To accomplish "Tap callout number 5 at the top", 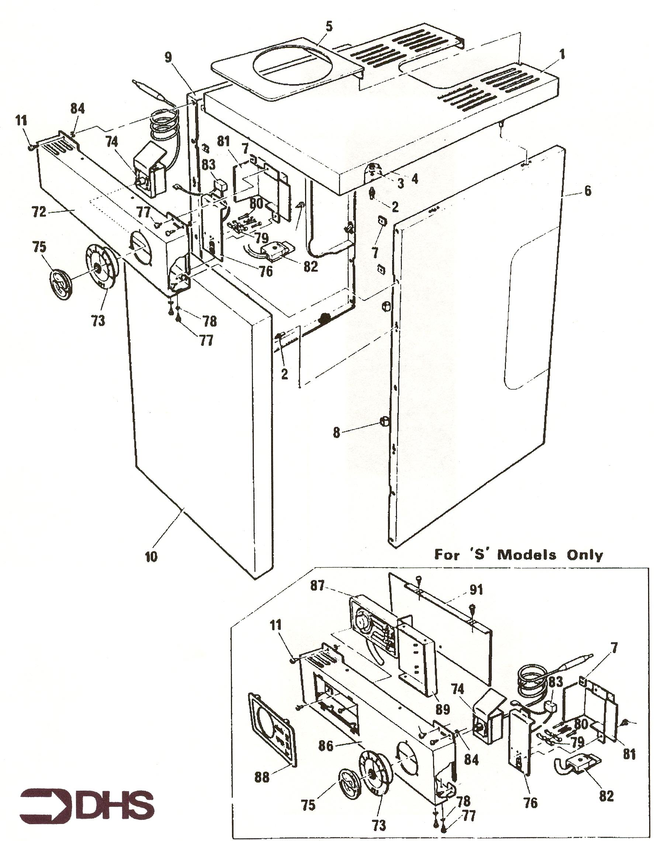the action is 329,27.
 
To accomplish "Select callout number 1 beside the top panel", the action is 563,54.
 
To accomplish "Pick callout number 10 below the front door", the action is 151,556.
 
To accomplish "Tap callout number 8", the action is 336,433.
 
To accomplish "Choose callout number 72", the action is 39,211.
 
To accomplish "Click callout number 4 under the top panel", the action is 414,179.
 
